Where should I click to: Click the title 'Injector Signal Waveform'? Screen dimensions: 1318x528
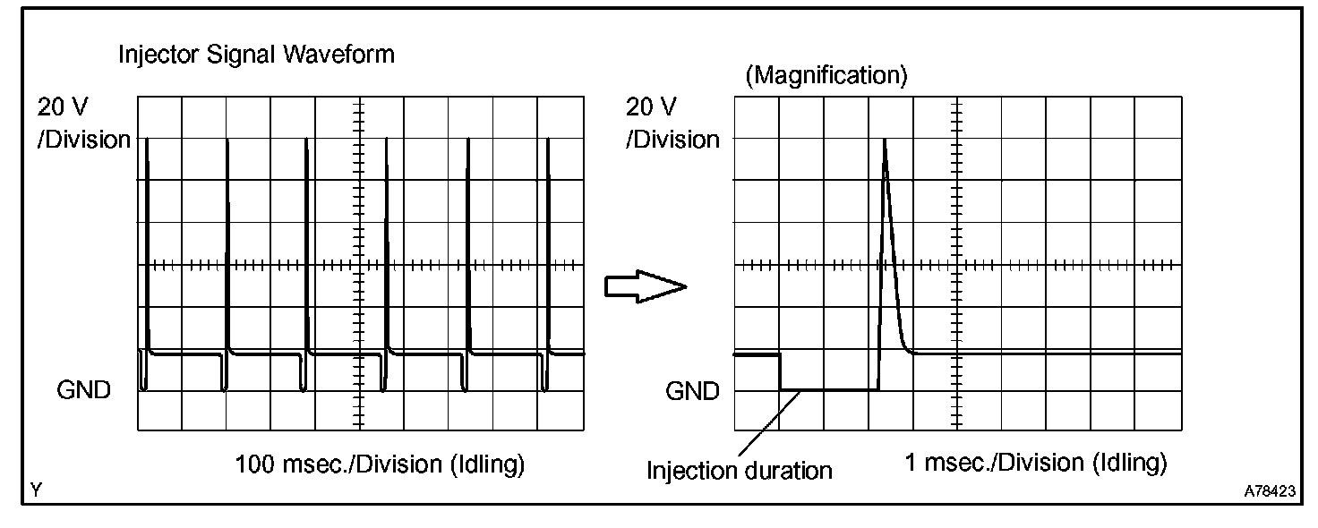(x=257, y=55)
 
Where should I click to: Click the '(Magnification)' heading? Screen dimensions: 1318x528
(x=826, y=75)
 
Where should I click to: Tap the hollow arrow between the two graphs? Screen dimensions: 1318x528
(x=646, y=287)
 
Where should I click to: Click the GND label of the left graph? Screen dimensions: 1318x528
(x=83, y=390)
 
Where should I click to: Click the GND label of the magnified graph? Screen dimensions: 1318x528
(x=692, y=391)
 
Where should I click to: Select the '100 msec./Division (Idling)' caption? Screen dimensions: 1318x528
(x=380, y=464)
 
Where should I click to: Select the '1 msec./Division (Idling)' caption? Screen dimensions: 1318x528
(x=1036, y=462)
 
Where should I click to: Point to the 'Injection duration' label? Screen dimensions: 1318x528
(x=739, y=471)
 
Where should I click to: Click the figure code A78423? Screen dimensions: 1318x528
(x=1270, y=491)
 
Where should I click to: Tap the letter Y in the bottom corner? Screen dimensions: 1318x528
(x=37, y=490)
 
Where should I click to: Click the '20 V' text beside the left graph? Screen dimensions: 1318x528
(x=63, y=107)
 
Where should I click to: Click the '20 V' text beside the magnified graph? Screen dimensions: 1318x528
(x=651, y=107)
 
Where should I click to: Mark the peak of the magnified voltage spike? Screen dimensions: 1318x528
(x=885, y=140)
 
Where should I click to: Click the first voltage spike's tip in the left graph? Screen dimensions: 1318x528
(x=147, y=140)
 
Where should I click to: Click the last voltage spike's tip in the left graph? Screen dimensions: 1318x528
(x=548, y=140)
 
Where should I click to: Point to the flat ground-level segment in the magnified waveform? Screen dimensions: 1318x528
(x=829, y=389)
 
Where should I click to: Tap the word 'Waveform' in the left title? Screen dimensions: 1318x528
(x=338, y=55)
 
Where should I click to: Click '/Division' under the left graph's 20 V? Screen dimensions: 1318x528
(x=83, y=140)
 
